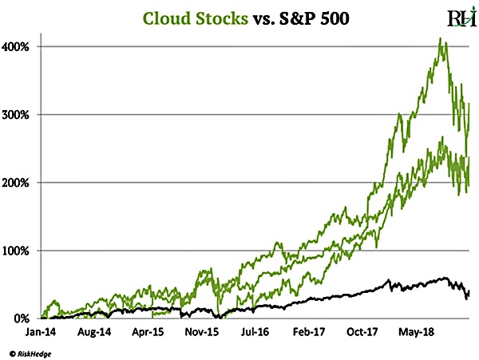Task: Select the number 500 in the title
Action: (x=334, y=18)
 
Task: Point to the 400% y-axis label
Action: (x=18, y=46)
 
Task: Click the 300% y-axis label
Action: (x=18, y=114)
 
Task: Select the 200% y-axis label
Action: (x=18, y=183)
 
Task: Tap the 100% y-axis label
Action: (x=18, y=251)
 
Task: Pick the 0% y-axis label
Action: (x=22, y=318)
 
